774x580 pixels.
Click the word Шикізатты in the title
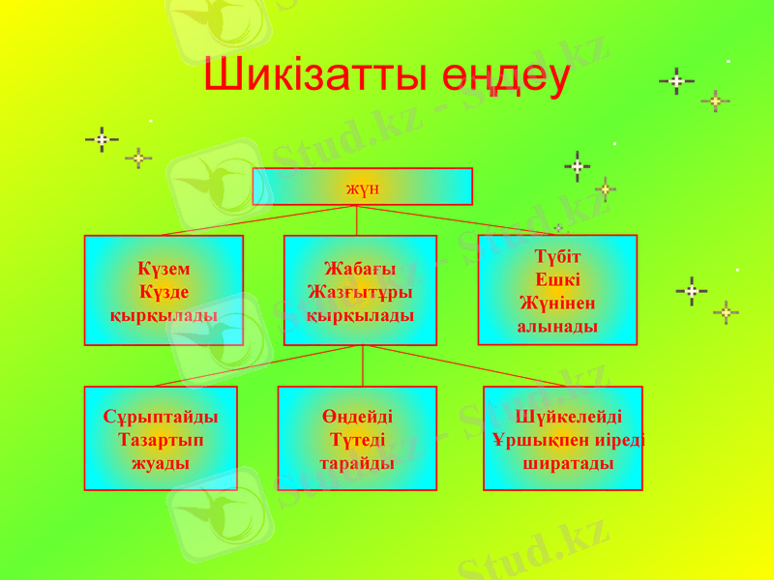point(312,76)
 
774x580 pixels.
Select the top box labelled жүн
point(362,187)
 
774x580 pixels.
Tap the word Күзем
point(164,269)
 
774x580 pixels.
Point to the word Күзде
point(164,292)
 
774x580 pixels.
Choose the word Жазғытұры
point(360,291)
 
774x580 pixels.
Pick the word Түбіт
point(557,257)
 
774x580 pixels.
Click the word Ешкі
point(557,280)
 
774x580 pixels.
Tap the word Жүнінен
point(557,304)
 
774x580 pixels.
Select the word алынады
point(557,327)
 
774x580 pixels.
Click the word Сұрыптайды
point(161,417)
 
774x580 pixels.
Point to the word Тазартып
point(161,440)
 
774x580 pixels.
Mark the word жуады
point(161,463)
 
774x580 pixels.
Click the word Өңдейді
point(357,417)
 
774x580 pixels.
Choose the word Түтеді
point(357,440)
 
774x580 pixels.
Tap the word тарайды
point(357,463)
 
